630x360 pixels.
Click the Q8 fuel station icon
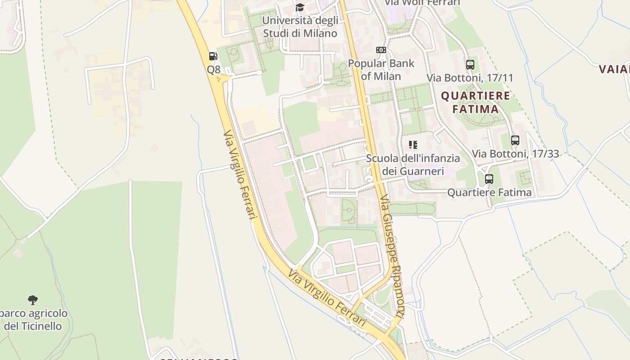click(213, 56)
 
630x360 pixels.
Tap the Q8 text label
click(214, 69)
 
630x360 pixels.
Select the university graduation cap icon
click(300, 7)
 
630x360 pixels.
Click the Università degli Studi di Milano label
click(300, 27)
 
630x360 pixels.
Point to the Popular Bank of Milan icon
click(381, 50)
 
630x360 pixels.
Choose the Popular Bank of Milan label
click(381, 70)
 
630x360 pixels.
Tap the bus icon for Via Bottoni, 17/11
click(470, 64)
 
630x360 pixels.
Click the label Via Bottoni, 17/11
click(470, 78)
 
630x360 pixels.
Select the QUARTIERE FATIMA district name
click(476, 102)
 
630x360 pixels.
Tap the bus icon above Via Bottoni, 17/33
click(515, 140)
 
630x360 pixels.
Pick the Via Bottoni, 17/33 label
click(515, 154)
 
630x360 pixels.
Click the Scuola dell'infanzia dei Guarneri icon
click(413, 145)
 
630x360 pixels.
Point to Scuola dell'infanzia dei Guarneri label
click(413, 165)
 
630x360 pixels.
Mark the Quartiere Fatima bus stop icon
click(489, 179)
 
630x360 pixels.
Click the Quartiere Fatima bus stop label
click(489, 193)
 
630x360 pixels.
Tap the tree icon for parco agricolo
click(32, 300)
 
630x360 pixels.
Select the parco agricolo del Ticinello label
click(33, 319)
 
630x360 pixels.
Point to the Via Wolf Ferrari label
click(423, 3)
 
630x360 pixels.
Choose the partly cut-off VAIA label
click(615, 69)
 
